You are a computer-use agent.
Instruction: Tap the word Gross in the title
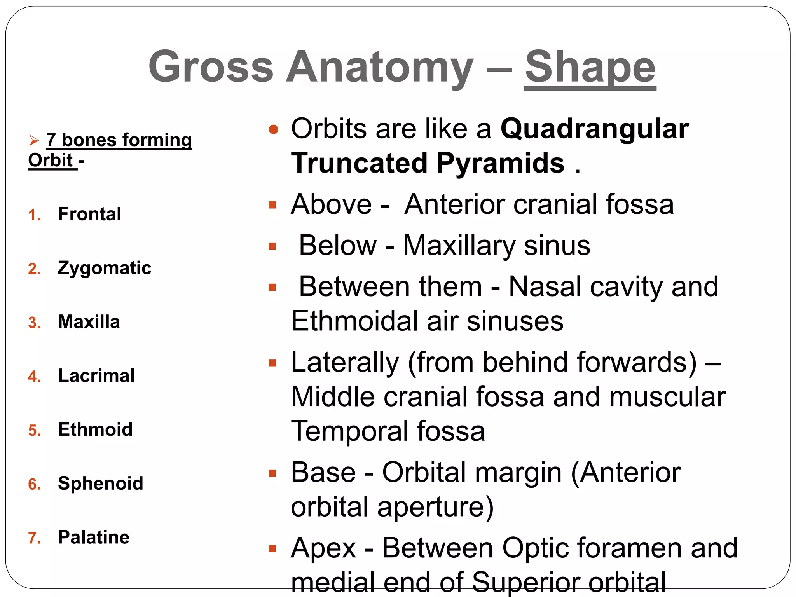211,67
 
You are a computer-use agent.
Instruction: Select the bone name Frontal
89,214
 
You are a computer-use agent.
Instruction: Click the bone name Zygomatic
104,268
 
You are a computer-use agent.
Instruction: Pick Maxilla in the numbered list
89,322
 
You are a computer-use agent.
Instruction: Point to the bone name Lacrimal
96,376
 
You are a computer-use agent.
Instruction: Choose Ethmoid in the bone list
95,430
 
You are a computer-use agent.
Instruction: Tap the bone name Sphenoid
100,484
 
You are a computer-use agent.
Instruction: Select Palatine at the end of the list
93,538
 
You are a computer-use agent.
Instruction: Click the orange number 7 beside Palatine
34,538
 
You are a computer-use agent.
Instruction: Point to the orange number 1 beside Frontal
34,215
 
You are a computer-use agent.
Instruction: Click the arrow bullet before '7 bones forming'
34,140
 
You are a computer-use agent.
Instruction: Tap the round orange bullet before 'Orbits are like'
274,129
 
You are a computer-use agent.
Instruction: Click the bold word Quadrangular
594,129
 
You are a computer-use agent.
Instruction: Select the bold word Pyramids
500,163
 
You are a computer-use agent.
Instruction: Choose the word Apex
323,548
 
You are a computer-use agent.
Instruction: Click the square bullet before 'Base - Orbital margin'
272,473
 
